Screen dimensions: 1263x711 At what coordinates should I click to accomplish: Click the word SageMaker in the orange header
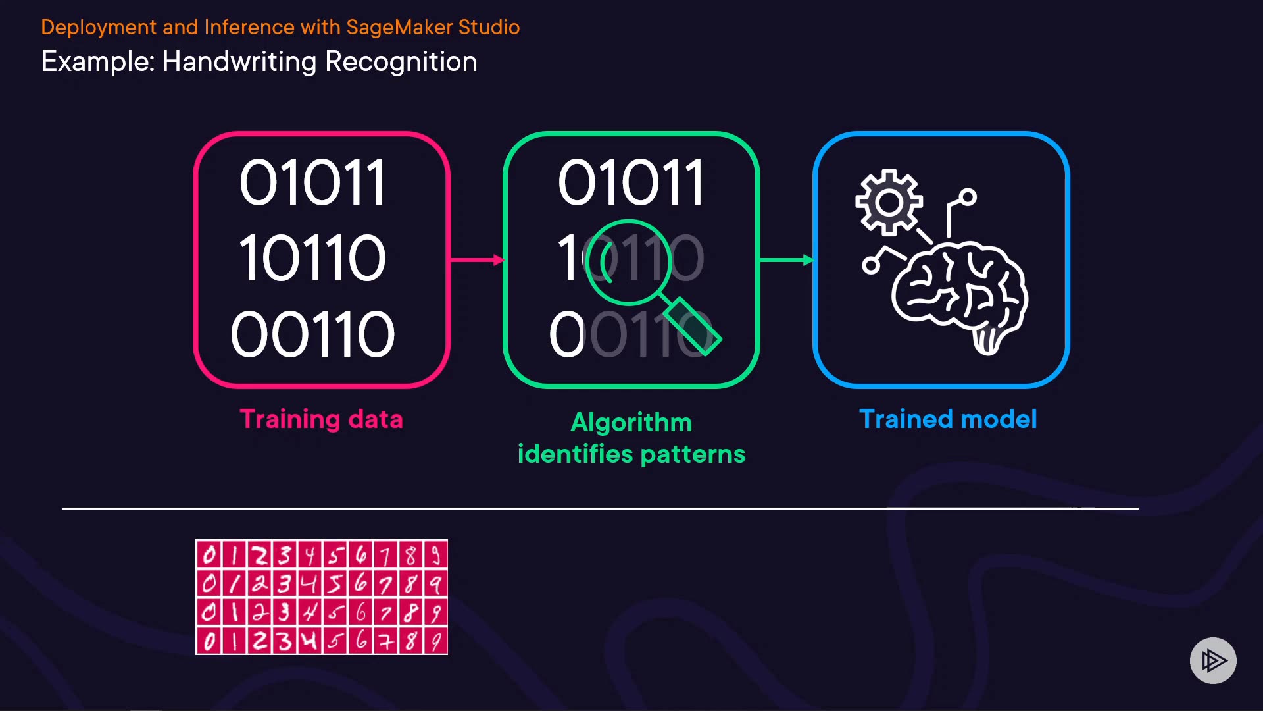click(399, 27)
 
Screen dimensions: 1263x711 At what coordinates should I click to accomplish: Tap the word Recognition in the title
click(401, 62)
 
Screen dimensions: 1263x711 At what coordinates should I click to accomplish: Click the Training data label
click(321, 419)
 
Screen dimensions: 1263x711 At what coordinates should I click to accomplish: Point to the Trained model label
click(948, 419)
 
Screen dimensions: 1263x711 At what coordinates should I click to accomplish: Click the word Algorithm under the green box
click(631, 423)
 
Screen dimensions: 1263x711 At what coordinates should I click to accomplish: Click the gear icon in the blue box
click(889, 202)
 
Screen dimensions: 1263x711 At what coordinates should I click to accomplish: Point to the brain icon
click(960, 293)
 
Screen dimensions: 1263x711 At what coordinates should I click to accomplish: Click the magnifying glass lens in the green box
click(628, 261)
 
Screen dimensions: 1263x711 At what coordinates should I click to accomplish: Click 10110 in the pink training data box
click(312, 259)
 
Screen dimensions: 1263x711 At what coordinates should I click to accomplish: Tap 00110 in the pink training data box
click(312, 334)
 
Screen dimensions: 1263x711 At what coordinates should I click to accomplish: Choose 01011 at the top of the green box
click(631, 182)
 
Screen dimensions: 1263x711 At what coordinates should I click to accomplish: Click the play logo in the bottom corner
click(1213, 660)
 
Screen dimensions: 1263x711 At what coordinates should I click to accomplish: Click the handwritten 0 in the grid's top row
click(209, 555)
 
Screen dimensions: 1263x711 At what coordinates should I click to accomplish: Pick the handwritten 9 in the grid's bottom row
click(435, 641)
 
